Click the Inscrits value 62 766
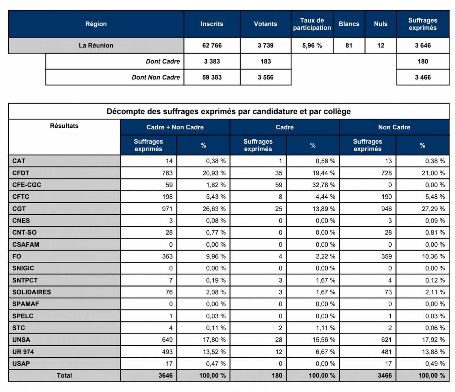click(x=212, y=45)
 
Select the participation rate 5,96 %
click(x=312, y=45)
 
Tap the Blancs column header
click(x=349, y=24)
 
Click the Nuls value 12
click(x=381, y=45)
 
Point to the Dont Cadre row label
click(x=163, y=61)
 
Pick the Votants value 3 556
click(x=265, y=77)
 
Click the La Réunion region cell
click(x=96, y=45)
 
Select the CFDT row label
click(x=21, y=173)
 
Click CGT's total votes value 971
click(x=167, y=209)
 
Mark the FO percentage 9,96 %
click(x=216, y=256)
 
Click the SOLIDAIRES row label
click(x=32, y=292)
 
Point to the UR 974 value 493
click(x=167, y=352)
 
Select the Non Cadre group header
click(x=394, y=127)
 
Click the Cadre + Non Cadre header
click(x=175, y=127)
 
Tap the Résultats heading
click(x=64, y=126)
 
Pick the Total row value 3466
click(x=384, y=376)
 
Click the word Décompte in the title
click(x=125, y=111)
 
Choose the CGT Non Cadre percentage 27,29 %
click(x=433, y=209)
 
